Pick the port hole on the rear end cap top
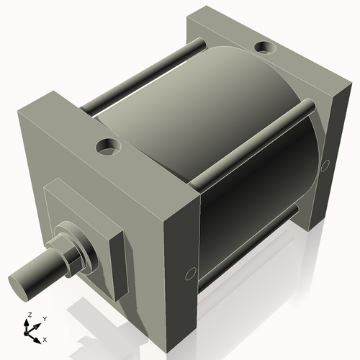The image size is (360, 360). (266, 49)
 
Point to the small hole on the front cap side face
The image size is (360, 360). (191, 273)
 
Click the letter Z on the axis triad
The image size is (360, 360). (28, 315)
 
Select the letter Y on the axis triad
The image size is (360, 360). (44, 318)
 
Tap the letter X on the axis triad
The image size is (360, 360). (45, 338)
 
